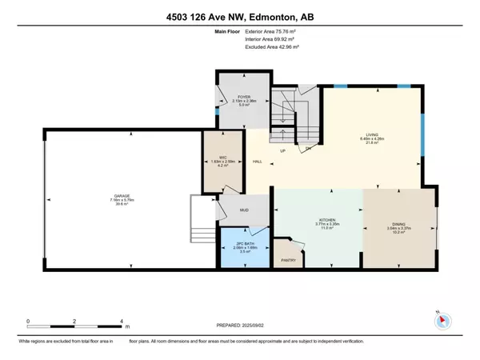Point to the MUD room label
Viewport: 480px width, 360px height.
tap(244, 211)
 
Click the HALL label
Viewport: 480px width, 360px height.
tap(258, 162)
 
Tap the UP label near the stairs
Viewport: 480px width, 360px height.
tap(282, 151)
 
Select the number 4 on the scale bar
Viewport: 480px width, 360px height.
tap(122, 321)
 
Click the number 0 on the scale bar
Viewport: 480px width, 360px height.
tap(28, 321)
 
